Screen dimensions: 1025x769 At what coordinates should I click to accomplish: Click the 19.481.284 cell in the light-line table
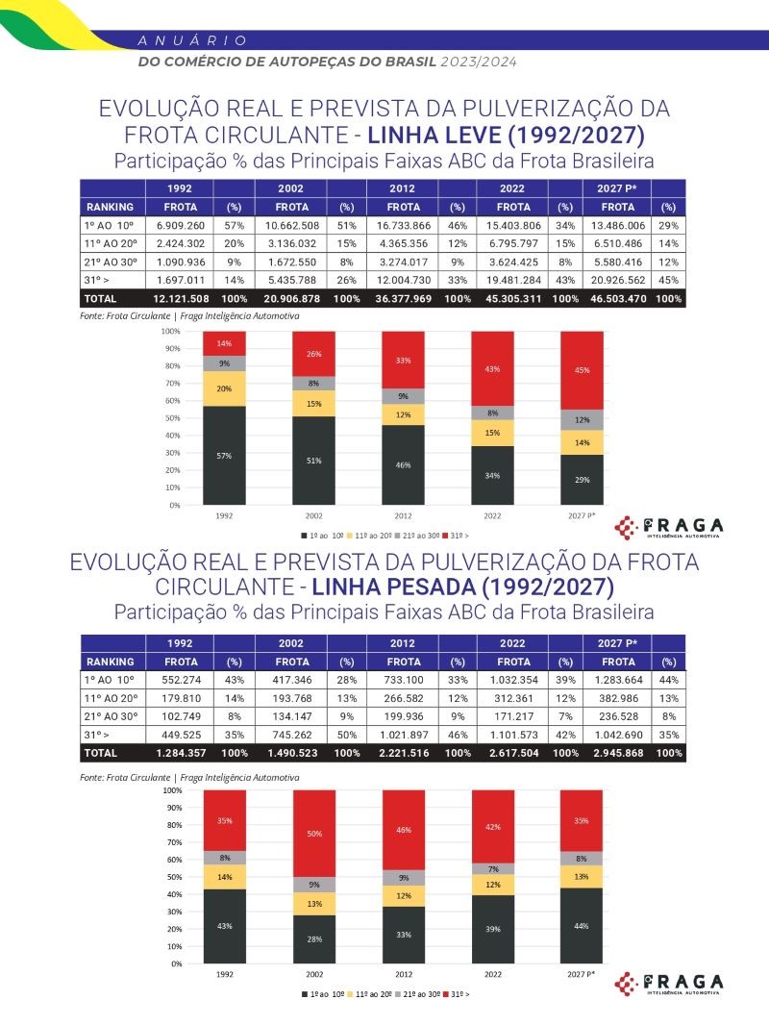(514, 280)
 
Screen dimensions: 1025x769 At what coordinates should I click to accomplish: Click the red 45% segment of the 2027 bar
(583, 370)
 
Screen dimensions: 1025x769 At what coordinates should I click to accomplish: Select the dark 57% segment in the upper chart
(225, 455)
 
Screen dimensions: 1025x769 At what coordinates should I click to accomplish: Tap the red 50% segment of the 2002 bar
(314, 834)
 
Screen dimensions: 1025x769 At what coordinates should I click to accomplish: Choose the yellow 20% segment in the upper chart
(225, 388)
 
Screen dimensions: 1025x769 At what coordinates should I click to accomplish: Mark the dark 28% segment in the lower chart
(314, 938)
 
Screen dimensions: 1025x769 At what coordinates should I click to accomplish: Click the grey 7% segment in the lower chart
(493, 869)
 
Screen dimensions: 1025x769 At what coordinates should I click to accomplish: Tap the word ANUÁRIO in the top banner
(192, 40)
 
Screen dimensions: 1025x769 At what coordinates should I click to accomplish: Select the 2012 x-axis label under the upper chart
(404, 516)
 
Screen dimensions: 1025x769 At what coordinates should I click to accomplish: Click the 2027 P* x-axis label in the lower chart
(583, 974)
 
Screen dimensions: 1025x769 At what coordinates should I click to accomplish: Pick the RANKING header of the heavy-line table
(112, 662)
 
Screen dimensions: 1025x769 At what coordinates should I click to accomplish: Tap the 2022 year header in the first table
(514, 187)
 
